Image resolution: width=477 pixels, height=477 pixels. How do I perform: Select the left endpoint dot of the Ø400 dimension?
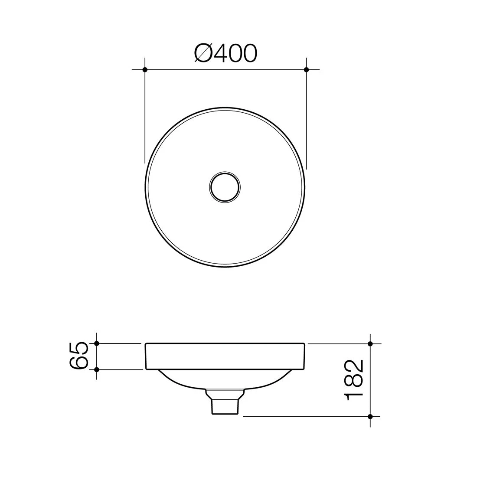(145, 69)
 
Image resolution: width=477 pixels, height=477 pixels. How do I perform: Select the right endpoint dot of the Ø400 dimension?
(306, 69)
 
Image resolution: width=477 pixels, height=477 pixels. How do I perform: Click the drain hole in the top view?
(225, 187)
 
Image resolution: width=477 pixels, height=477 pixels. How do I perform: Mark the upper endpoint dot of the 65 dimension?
(97, 343)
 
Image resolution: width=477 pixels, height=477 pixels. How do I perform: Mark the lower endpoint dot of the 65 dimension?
(97, 369)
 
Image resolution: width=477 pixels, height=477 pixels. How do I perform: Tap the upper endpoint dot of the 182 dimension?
(370, 343)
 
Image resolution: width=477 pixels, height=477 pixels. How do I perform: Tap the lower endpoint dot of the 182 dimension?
(370, 416)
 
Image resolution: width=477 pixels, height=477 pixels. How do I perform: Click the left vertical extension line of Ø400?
(145, 117)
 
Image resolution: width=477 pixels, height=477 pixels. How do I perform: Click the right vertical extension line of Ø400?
(306, 117)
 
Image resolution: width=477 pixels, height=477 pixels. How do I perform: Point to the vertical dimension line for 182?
(370, 379)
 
